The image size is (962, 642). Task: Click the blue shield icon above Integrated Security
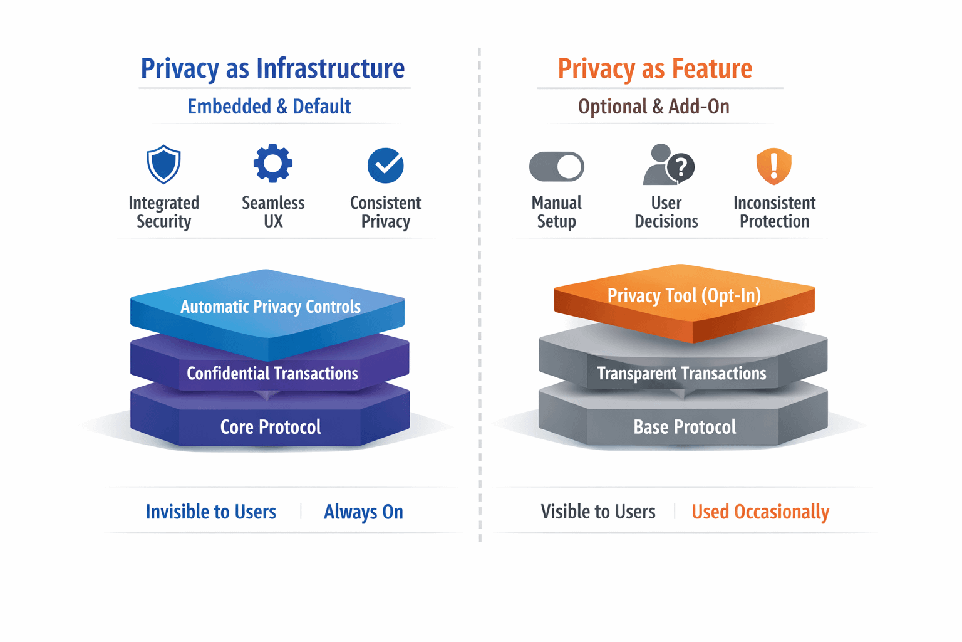tap(163, 164)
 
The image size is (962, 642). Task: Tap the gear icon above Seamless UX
tap(273, 164)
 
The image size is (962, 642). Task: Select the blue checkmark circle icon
tap(385, 166)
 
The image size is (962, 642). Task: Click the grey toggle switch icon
tap(556, 167)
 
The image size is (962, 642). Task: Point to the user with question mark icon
tap(668, 165)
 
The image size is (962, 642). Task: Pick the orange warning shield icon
tap(774, 166)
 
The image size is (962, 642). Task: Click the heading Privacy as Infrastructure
tap(272, 68)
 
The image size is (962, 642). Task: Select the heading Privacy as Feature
tap(654, 68)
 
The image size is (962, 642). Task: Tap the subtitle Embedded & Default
tap(269, 107)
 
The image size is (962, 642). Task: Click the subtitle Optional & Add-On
tap(653, 107)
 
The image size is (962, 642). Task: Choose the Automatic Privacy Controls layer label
tap(271, 307)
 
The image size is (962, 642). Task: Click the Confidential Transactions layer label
tap(272, 374)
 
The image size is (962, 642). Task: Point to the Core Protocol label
tap(271, 427)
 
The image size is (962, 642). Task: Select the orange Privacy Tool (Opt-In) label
tap(684, 295)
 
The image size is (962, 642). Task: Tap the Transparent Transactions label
tap(681, 374)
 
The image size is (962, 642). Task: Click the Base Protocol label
tap(685, 427)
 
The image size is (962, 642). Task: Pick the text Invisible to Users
tap(210, 512)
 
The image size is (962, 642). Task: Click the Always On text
tap(363, 512)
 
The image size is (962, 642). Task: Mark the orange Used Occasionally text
tap(760, 512)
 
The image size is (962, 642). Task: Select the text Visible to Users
tap(598, 512)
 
